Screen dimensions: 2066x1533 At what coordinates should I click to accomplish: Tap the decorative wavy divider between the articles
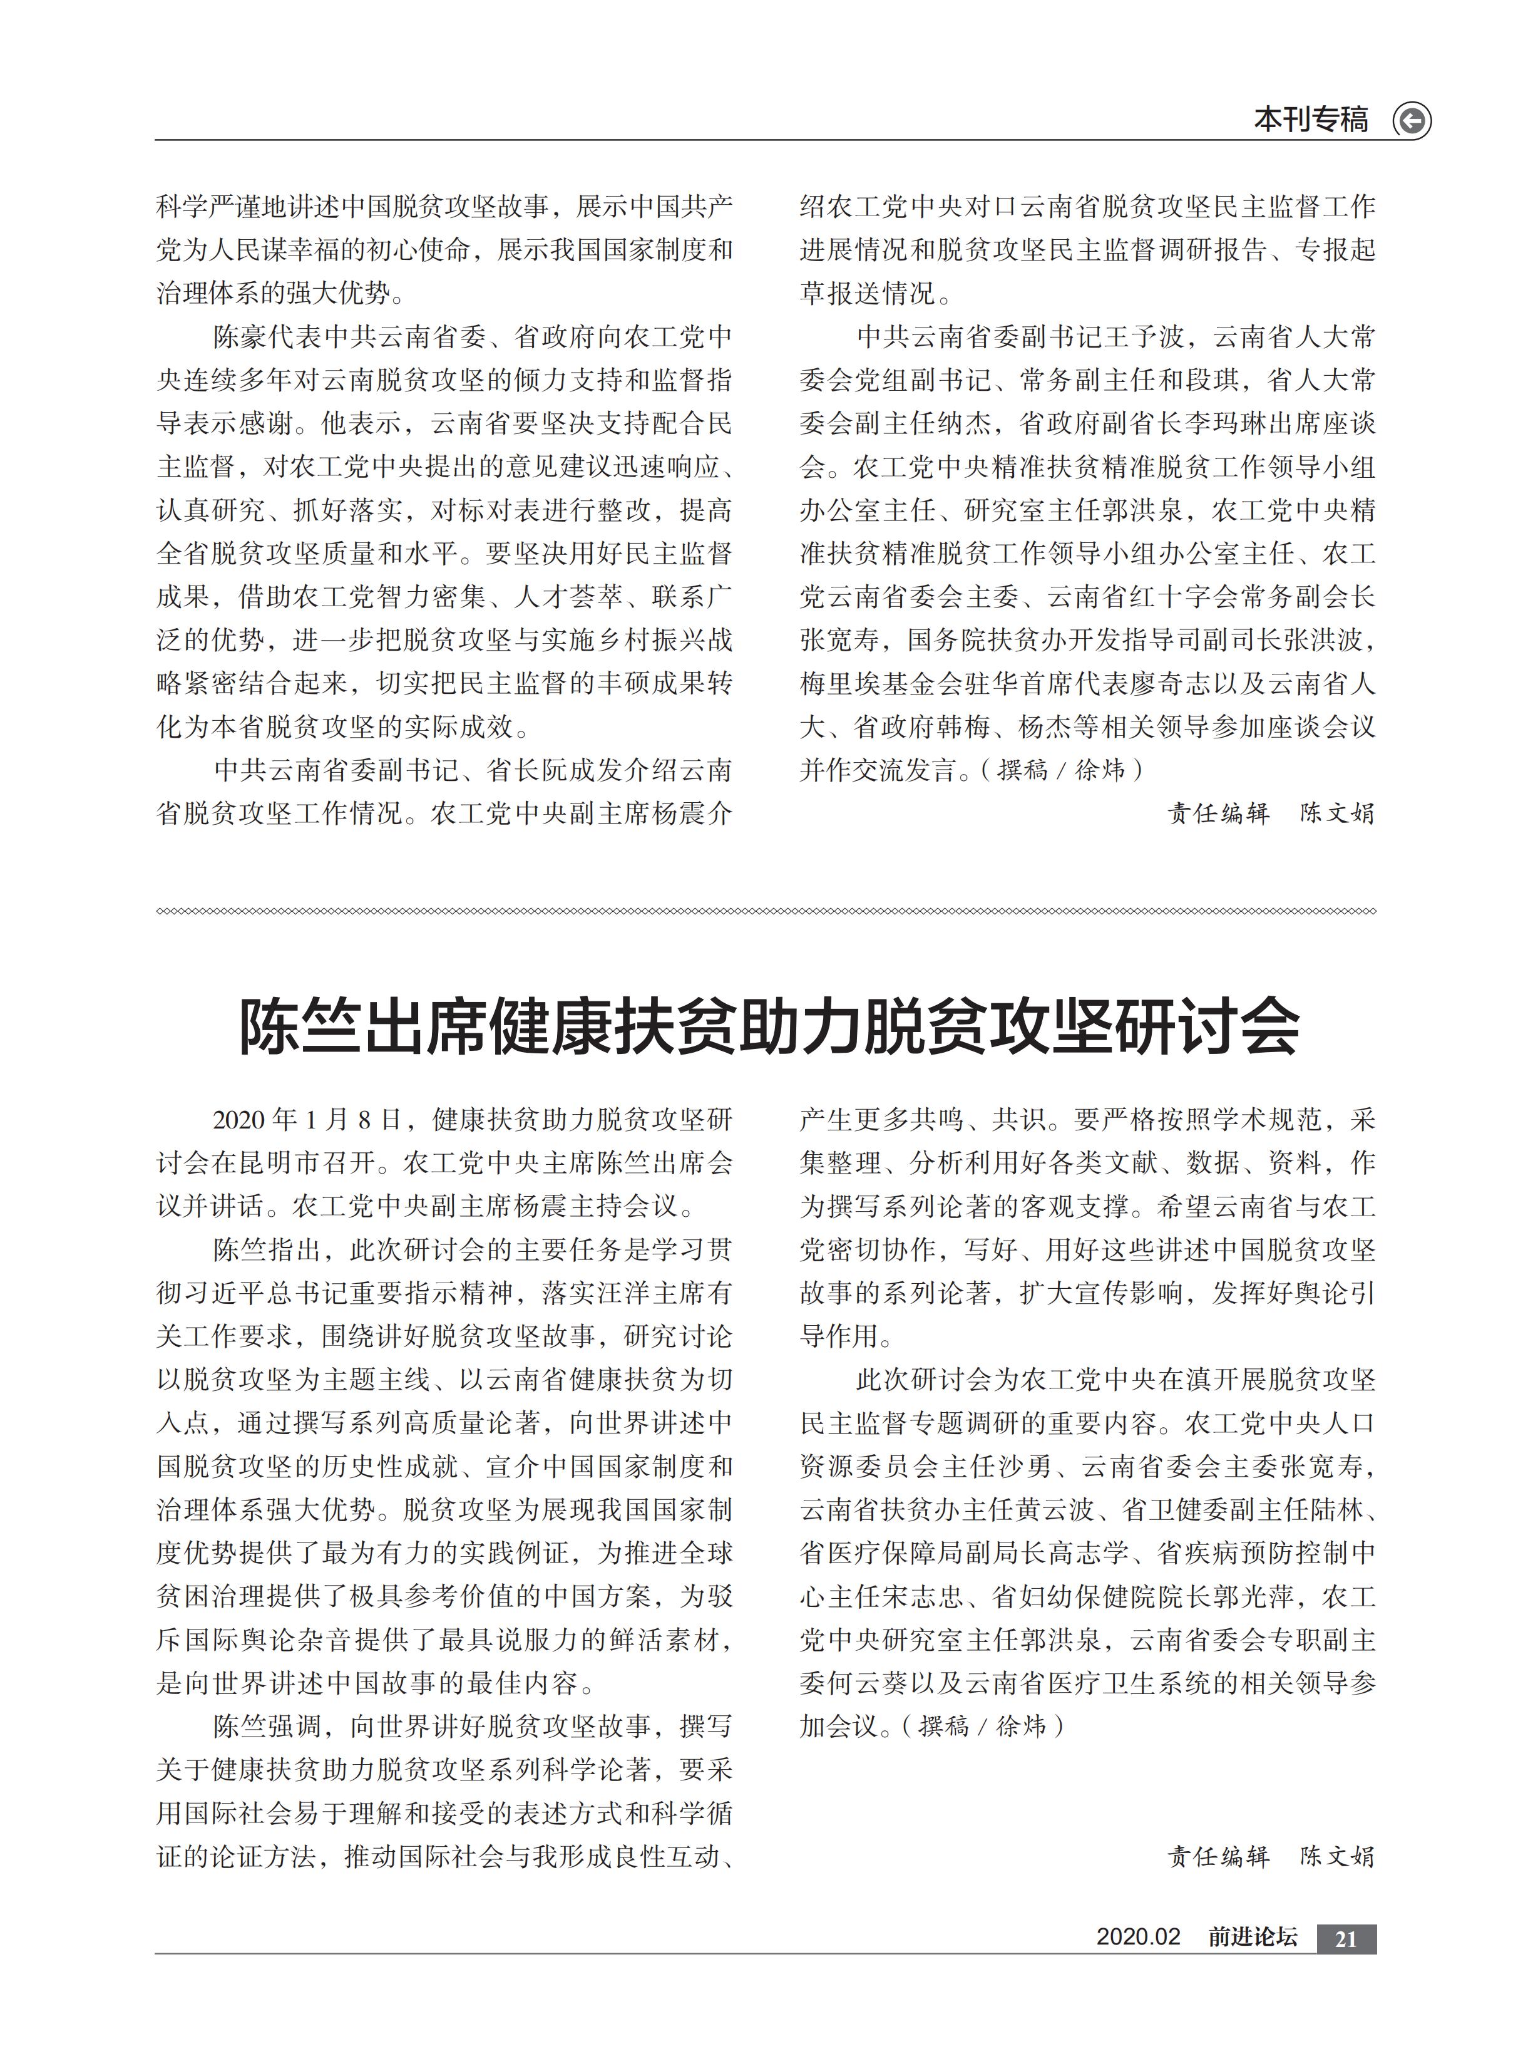[766, 911]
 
